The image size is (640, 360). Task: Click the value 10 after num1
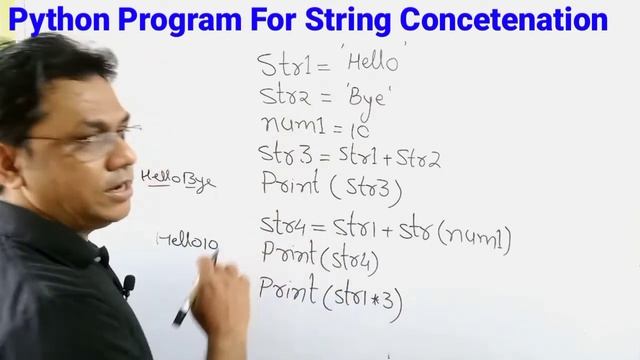point(360,129)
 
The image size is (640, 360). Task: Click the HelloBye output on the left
point(177,180)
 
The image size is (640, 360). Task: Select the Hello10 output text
point(187,240)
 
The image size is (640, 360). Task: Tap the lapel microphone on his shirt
point(128,286)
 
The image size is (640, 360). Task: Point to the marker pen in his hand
point(195,290)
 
